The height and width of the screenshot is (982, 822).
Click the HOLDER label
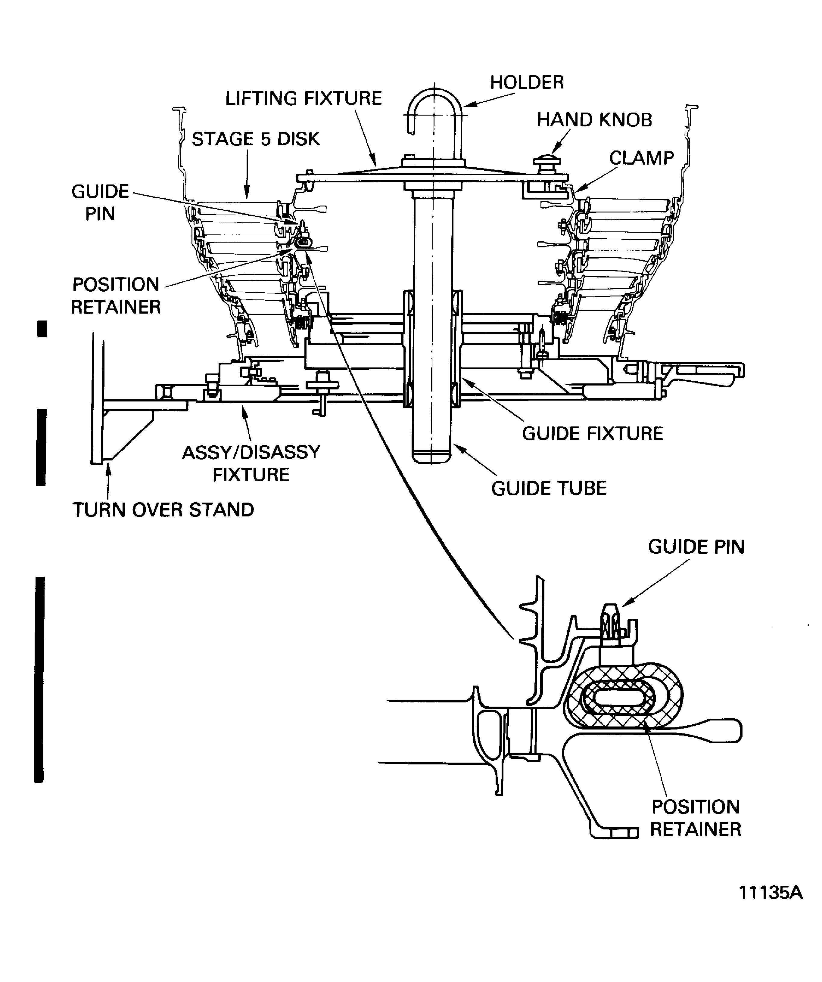pyautogui.click(x=527, y=83)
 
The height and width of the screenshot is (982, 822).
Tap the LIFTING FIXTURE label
pyautogui.click(x=304, y=99)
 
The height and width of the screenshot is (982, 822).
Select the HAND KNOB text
pyautogui.click(x=594, y=120)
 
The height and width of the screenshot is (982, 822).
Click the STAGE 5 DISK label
pyautogui.click(x=255, y=139)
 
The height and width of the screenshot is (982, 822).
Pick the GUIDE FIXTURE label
pyautogui.click(x=592, y=433)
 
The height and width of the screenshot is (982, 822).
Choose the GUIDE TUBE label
pyautogui.click(x=549, y=488)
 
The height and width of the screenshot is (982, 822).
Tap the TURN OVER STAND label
pyautogui.click(x=163, y=510)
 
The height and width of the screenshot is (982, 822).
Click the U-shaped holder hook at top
pyautogui.click(x=434, y=110)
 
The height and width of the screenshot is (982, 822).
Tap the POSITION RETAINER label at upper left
pyautogui.click(x=116, y=296)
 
